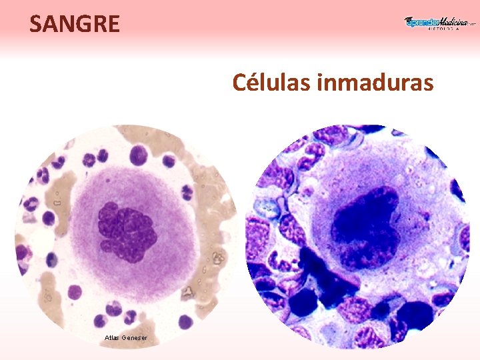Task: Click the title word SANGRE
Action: click(x=75, y=24)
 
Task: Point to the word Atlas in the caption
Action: click(x=112, y=338)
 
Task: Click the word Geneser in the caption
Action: click(x=136, y=338)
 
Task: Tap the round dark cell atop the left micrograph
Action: click(x=138, y=155)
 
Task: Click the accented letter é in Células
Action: click(x=255, y=83)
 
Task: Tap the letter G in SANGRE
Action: click(x=83, y=24)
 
